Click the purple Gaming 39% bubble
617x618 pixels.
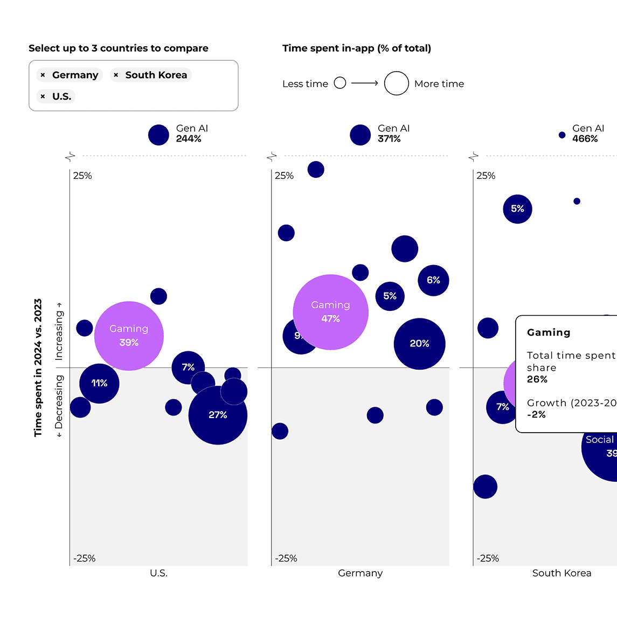point(129,336)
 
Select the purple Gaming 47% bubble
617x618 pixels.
point(330,312)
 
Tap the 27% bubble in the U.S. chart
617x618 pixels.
point(218,415)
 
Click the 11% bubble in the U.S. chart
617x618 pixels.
point(99,383)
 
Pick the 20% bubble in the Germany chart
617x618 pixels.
point(419,344)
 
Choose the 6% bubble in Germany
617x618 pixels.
point(433,280)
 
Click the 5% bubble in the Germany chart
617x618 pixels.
point(390,296)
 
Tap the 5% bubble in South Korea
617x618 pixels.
point(517,209)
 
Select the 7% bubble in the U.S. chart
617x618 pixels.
point(188,367)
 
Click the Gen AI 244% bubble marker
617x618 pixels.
point(158,135)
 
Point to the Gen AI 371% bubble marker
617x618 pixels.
point(360,135)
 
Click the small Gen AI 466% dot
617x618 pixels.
point(562,135)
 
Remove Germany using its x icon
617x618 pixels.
point(43,75)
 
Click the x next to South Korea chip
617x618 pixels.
point(116,75)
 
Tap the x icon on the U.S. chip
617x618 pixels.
point(43,96)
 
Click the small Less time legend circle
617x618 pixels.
point(339,83)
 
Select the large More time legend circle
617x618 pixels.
point(396,83)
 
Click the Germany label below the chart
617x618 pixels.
point(360,573)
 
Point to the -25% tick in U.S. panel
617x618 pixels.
point(84,558)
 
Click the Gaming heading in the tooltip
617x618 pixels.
point(549,332)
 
